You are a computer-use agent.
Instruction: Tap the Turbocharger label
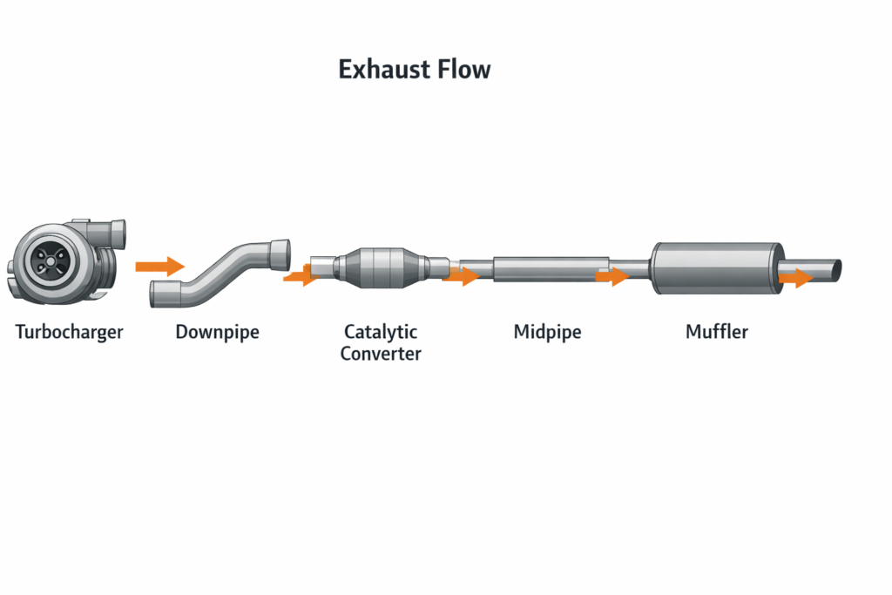click(70, 332)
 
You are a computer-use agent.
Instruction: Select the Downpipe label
click(217, 332)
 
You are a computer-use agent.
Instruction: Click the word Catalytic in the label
click(381, 332)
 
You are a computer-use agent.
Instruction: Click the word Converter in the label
click(381, 354)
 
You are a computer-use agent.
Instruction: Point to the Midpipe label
click(547, 332)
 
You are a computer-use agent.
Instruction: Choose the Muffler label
click(717, 332)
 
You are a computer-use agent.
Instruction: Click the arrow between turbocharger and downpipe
click(159, 266)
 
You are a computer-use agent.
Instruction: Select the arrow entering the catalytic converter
click(300, 277)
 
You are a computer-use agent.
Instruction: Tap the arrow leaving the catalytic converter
click(460, 277)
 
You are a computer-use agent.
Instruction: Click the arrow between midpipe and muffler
click(612, 277)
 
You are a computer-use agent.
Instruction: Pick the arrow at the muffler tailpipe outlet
click(794, 278)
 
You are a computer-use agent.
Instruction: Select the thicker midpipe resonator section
click(551, 268)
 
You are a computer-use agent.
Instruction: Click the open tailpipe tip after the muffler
click(835, 269)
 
